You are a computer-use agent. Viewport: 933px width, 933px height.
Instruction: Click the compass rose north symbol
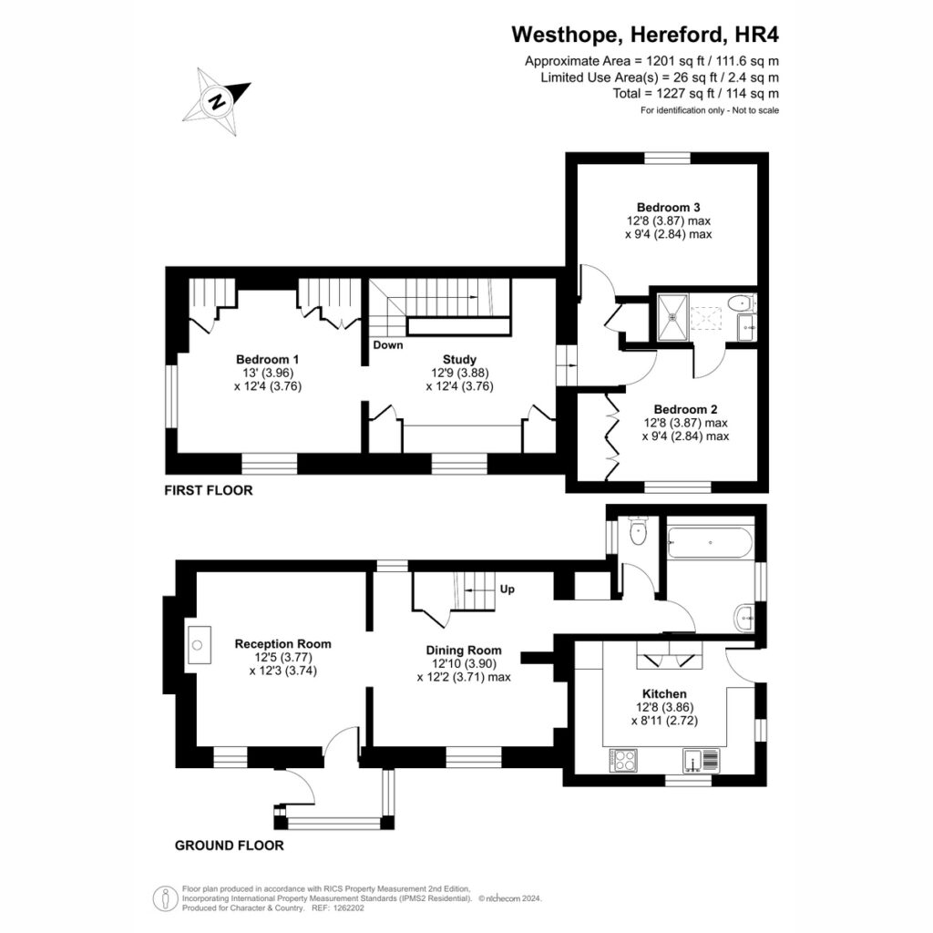point(217,101)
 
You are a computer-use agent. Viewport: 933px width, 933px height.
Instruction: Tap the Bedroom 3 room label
point(668,208)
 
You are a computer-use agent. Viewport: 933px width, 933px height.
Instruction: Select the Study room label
point(459,359)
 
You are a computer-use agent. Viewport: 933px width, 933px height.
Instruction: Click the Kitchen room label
point(664,693)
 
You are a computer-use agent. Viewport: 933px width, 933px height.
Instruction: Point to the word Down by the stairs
point(388,345)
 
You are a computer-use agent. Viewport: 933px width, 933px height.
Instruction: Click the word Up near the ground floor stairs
point(507,590)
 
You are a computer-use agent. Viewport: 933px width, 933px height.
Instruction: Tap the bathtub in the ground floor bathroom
point(710,543)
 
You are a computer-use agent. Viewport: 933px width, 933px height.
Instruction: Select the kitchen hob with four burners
point(623,761)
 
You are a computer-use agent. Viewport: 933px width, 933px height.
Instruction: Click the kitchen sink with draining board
point(701,761)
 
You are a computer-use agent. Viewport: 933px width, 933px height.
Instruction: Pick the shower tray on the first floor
point(672,318)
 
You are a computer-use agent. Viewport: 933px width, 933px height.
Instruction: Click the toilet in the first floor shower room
point(742,302)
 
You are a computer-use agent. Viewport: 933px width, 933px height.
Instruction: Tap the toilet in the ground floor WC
point(637,531)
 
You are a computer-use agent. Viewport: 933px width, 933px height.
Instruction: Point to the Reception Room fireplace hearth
point(198,645)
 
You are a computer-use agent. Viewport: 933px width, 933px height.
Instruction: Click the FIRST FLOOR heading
point(209,490)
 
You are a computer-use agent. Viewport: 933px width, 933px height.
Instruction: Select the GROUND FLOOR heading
point(229,846)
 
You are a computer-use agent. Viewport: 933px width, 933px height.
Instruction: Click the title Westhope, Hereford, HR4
point(645,35)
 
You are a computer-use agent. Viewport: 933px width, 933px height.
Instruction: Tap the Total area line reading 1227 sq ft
point(695,94)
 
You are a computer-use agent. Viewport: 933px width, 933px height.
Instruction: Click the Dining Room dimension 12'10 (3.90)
point(464,663)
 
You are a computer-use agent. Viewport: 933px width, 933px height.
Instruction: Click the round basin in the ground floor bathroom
point(744,619)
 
